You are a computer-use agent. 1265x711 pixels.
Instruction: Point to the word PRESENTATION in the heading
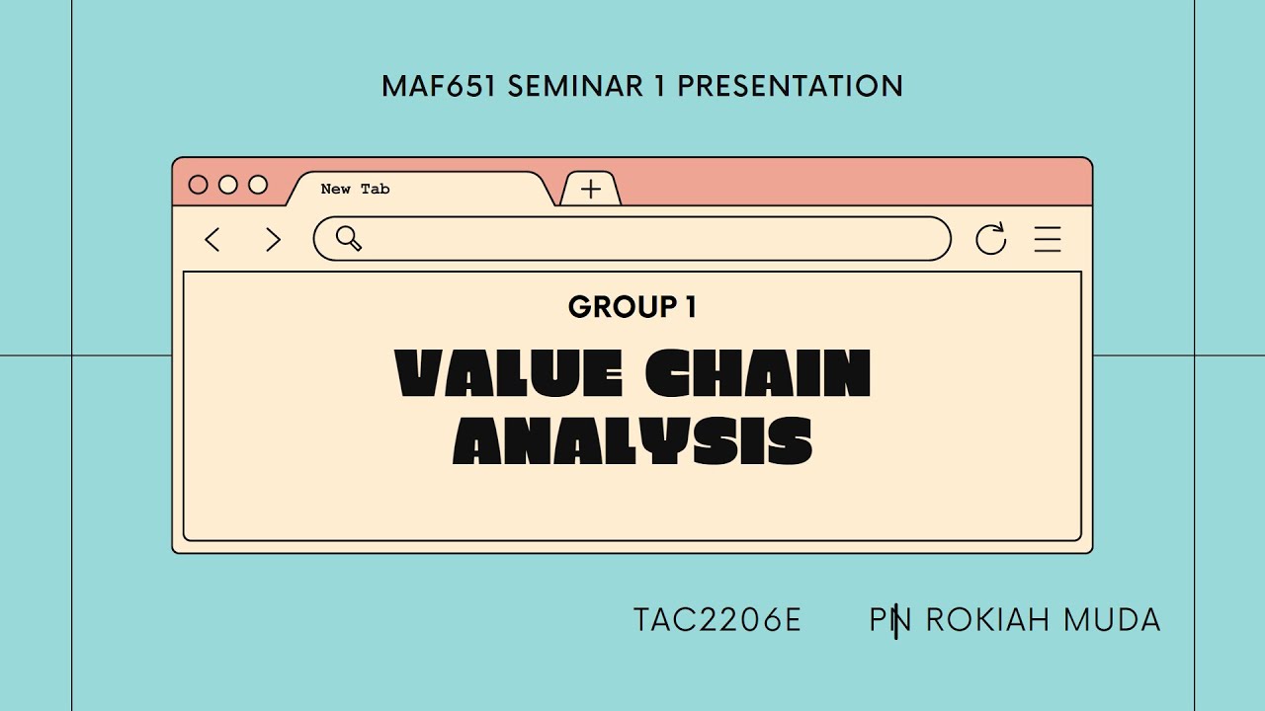click(x=790, y=86)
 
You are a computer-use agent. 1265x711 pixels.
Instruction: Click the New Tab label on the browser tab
click(x=355, y=189)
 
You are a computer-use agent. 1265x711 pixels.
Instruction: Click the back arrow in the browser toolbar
click(x=211, y=239)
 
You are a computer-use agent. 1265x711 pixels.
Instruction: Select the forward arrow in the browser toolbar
click(x=274, y=239)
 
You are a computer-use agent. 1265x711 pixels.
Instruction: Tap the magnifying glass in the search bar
click(x=348, y=238)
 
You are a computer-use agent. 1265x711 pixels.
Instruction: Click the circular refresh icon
click(x=990, y=239)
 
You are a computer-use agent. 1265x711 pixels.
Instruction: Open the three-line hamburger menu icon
click(x=1048, y=239)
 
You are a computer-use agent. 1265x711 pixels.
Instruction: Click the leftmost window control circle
click(x=198, y=185)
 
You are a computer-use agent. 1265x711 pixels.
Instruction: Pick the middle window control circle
click(x=228, y=185)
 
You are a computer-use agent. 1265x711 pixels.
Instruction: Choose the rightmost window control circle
click(x=258, y=185)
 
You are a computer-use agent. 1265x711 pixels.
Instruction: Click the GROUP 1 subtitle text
click(x=632, y=307)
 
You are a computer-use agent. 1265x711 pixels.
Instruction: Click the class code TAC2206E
click(x=717, y=620)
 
